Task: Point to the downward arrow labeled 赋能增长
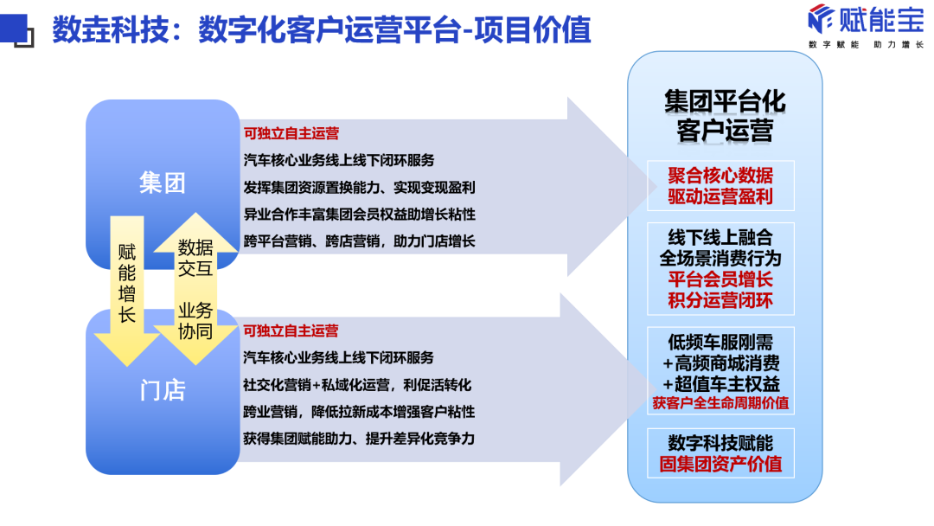tap(127, 285)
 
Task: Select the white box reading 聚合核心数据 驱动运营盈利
tap(720, 185)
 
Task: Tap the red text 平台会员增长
tap(720, 279)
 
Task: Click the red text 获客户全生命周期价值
tap(720, 403)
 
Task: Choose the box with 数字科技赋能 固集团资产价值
tap(720, 453)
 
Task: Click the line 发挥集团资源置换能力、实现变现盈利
tap(359, 187)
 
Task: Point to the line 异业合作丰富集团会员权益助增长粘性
tap(359, 214)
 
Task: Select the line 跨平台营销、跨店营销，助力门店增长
tap(359, 241)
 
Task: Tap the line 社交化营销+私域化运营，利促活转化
tap(357, 384)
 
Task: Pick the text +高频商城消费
tap(720, 362)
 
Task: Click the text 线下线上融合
tap(720, 237)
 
